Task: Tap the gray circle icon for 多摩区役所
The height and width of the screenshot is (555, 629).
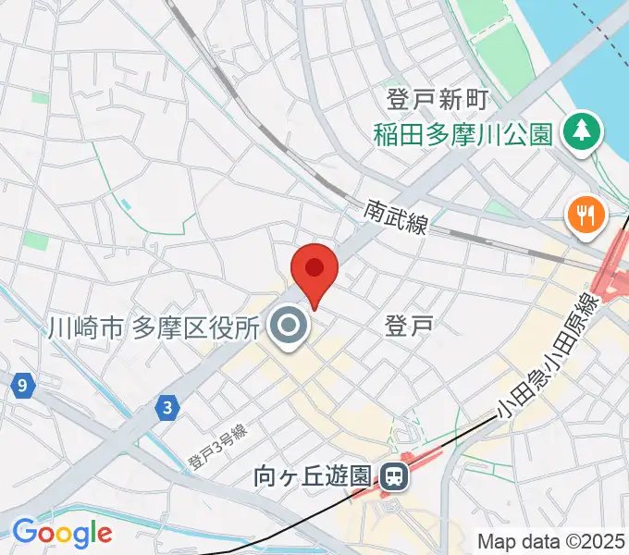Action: click(290, 327)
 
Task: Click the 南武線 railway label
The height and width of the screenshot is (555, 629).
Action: click(396, 218)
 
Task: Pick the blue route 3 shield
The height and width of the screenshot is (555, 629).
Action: click(166, 405)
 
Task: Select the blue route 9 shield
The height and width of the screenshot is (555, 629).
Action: click(20, 385)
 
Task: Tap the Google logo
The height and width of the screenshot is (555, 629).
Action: click(61, 533)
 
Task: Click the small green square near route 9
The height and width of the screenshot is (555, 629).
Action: click(35, 241)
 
